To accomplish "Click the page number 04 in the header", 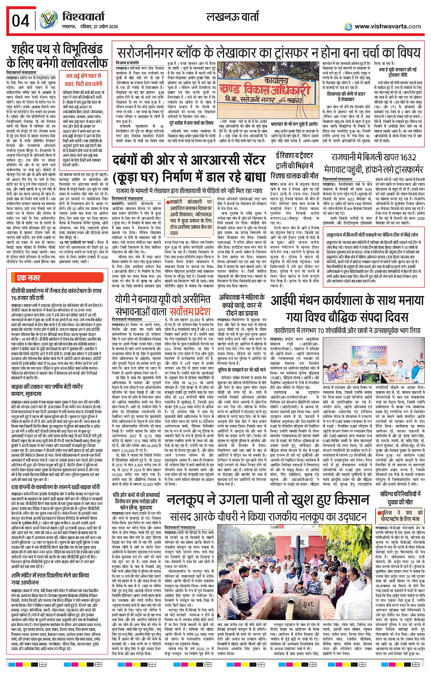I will coord(21,21).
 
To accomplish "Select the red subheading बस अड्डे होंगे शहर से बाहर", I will coord(83,79).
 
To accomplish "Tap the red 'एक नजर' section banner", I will coord(29,278).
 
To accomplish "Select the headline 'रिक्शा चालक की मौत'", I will coord(294,176).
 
